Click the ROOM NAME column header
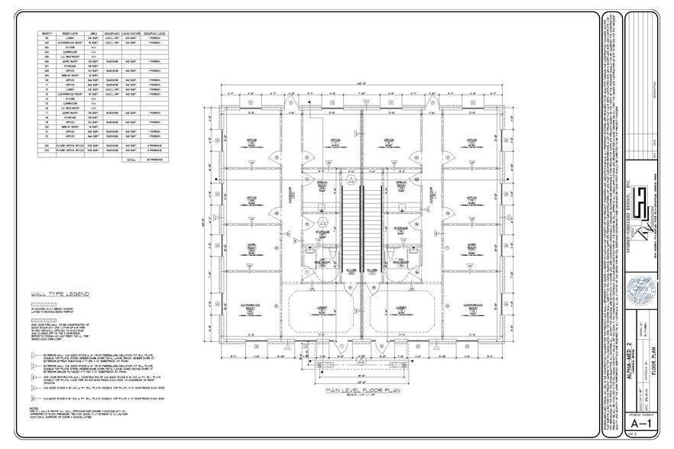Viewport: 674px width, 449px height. click(73, 34)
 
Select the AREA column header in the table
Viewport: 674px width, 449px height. click(92, 34)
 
